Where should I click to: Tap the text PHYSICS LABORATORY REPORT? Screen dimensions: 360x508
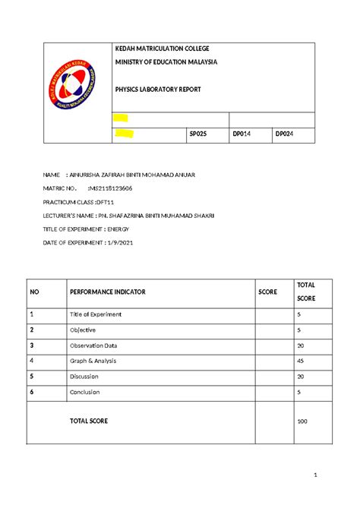click(x=158, y=90)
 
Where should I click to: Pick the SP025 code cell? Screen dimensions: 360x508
click(x=198, y=134)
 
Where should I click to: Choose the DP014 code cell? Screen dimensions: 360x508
click(x=242, y=134)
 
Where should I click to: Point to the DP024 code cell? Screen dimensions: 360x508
click(x=285, y=134)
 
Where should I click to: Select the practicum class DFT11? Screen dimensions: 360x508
click(x=103, y=202)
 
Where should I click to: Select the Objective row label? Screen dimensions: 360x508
click(x=83, y=330)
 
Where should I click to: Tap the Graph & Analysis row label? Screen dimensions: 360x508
click(x=93, y=361)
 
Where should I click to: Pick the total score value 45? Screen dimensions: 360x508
click(x=301, y=361)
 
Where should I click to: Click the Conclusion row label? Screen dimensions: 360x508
click(x=85, y=392)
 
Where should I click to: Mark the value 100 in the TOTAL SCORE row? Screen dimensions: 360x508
click(x=302, y=421)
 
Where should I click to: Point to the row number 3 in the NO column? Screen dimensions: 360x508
click(x=31, y=345)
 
